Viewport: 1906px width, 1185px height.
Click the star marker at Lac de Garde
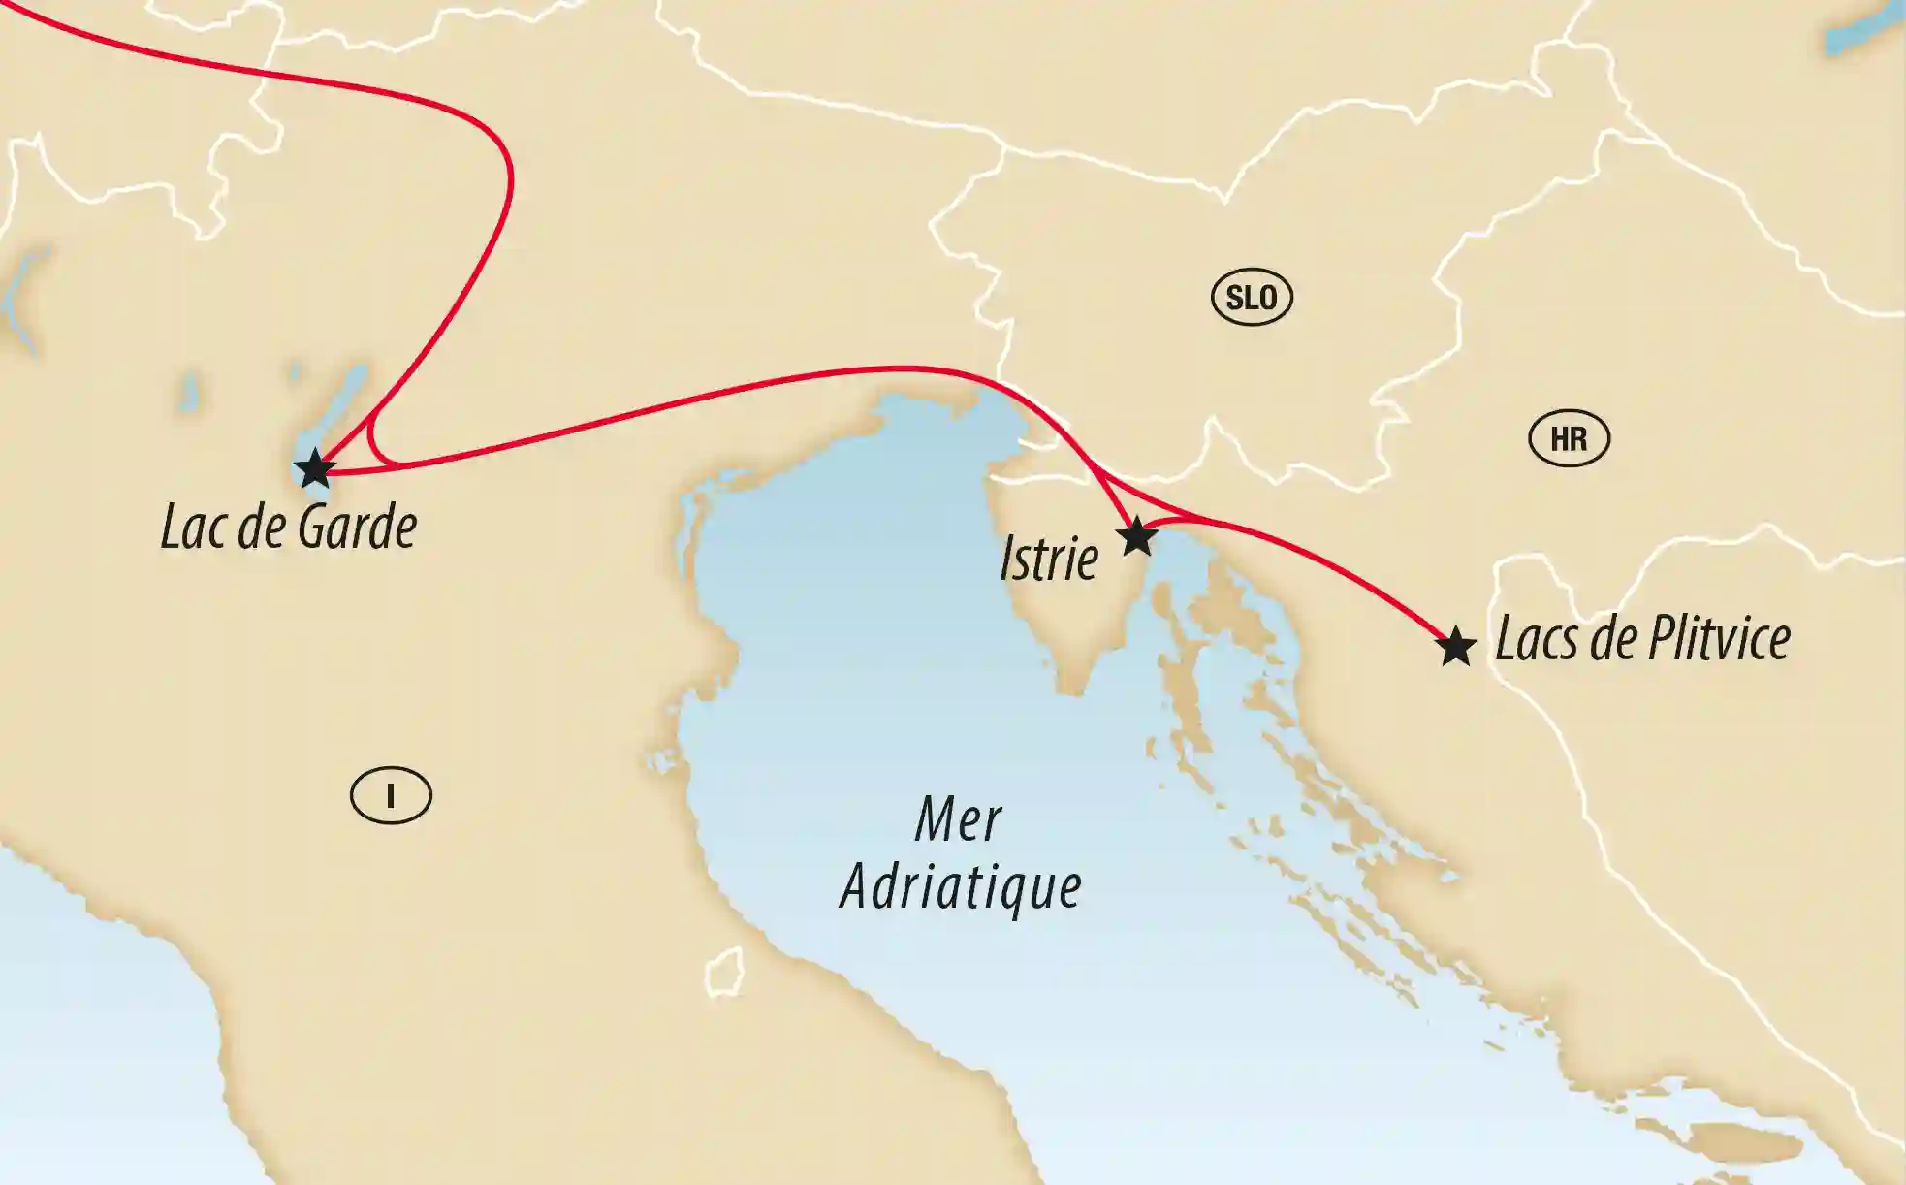point(315,469)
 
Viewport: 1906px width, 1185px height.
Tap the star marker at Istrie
point(1137,535)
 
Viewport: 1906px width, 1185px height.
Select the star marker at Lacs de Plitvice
point(1455,647)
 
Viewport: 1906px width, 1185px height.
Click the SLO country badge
point(1252,297)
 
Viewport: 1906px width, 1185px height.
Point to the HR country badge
point(1569,438)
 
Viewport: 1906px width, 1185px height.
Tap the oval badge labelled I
point(391,795)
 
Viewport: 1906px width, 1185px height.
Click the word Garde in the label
point(358,528)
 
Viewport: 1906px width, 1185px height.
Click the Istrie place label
point(1049,560)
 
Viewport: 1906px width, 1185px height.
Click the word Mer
point(958,819)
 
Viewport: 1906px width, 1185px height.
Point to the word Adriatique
point(960,887)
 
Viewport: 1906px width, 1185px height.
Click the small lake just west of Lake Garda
point(188,392)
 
